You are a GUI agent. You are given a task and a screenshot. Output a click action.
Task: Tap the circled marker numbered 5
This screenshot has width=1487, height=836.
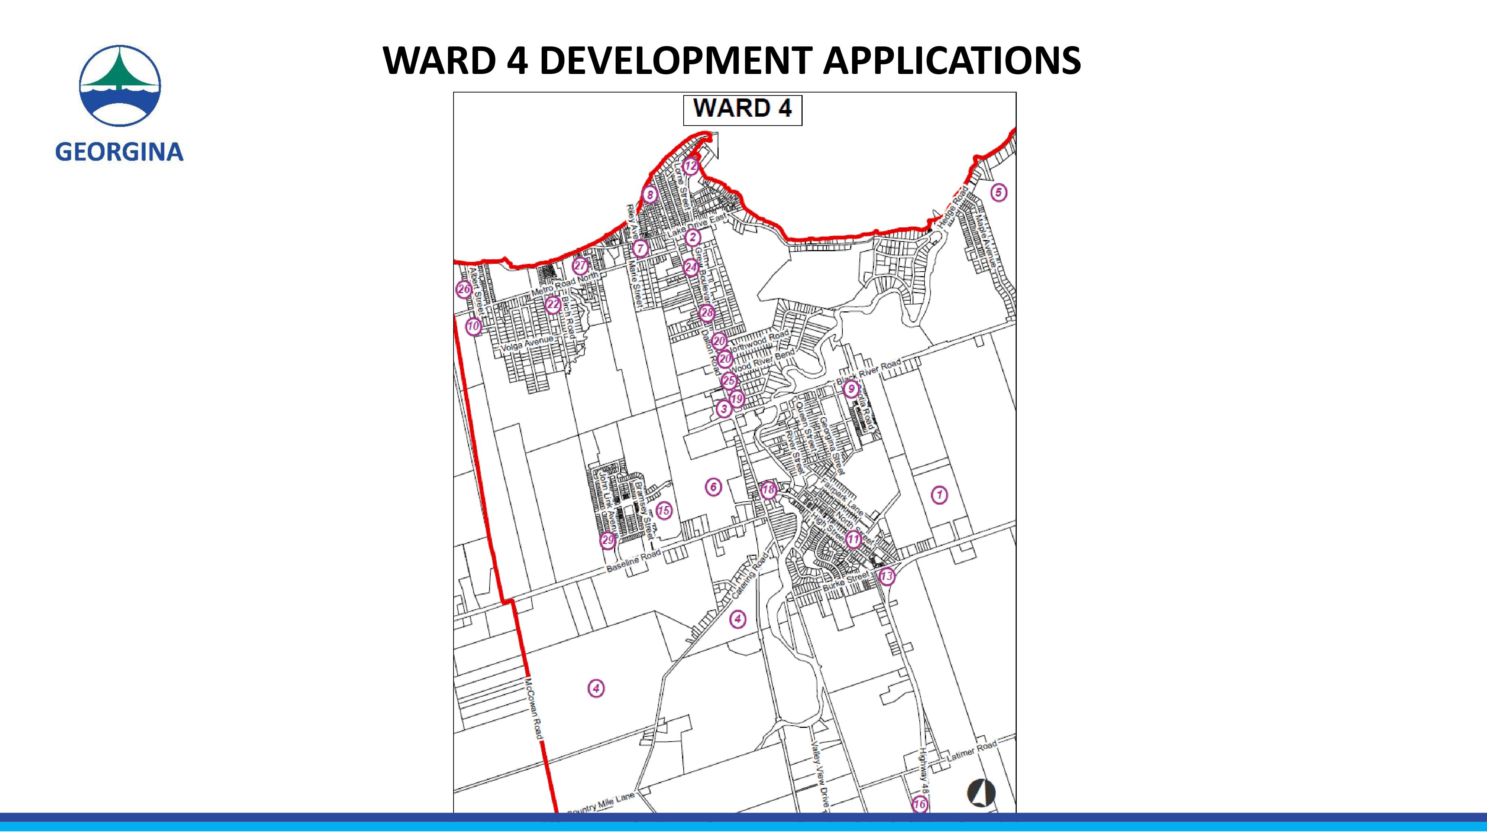(x=999, y=193)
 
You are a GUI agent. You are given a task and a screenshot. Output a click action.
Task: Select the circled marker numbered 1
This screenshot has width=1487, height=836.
(x=939, y=495)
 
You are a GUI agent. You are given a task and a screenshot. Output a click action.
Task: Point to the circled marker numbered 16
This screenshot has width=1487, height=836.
(x=920, y=804)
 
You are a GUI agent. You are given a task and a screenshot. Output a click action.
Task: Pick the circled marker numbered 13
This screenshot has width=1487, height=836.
(x=887, y=576)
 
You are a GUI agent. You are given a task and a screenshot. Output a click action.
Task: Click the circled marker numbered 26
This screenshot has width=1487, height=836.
(x=464, y=290)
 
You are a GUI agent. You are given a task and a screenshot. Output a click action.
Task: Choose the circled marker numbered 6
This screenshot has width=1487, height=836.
(x=713, y=487)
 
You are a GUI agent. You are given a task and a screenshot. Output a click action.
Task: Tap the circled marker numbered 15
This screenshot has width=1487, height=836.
(x=664, y=511)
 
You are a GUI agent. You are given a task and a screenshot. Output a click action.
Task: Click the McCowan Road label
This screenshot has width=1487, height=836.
(x=533, y=709)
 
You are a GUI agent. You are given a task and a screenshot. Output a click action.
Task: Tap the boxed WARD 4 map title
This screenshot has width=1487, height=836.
(x=742, y=109)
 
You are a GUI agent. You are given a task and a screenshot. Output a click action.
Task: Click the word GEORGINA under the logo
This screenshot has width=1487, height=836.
(x=119, y=152)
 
